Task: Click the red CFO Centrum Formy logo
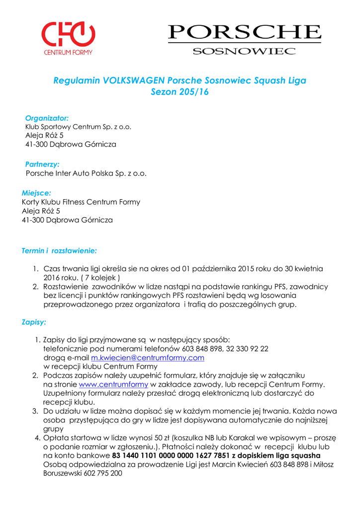point(68,38)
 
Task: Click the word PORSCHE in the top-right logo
point(244,33)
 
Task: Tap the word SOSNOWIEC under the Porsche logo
point(244,51)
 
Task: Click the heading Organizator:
point(47,118)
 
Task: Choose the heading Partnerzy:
point(42,164)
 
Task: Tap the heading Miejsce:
point(36,192)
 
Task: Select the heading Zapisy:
point(34,322)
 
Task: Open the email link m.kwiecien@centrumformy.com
point(148,358)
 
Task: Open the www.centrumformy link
point(113,384)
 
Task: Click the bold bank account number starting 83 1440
point(171,455)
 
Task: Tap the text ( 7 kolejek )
point(99,277)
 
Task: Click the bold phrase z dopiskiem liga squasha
point(276,455)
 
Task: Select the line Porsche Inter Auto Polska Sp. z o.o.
point(86,173)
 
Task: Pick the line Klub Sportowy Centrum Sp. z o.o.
point(78,127)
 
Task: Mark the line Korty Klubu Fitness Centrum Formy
point(81,202)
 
